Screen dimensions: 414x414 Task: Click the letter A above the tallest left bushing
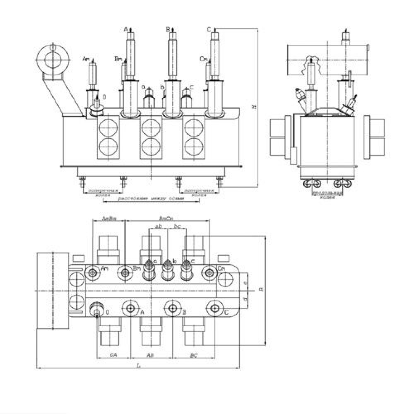(x=125, y=29)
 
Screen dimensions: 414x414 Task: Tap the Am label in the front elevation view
(x=86, y=59)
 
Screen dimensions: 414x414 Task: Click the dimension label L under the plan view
(x=139, y=366)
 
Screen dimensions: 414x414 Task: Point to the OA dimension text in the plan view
(x=113, y=355)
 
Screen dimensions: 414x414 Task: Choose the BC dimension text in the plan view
(x=193, y=355)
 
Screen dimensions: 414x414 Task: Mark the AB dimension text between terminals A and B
(x=151, y=355)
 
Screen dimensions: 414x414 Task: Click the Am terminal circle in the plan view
(x=92, y=272)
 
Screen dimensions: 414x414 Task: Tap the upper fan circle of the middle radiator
(x=151, y=126)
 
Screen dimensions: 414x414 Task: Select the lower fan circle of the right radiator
(x=193, y=147)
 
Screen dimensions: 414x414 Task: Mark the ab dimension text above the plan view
(x=158, y=226)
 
